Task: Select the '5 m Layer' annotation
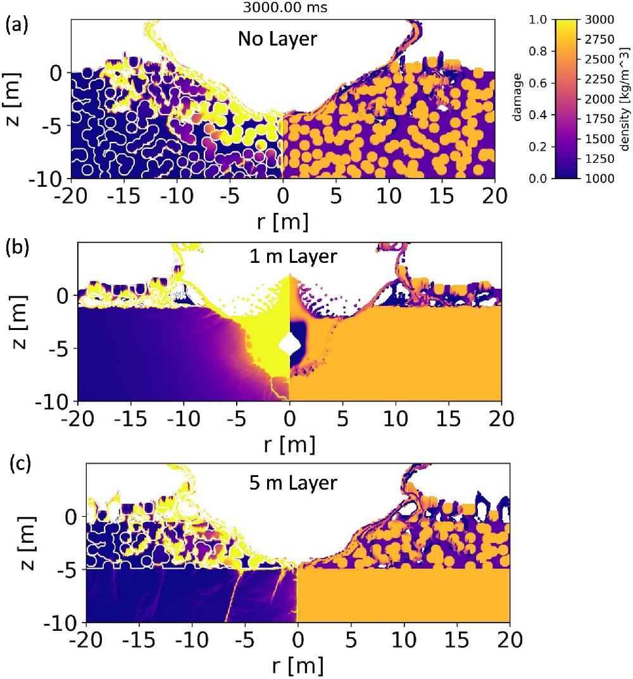pyautogui.click(x=292, y=483)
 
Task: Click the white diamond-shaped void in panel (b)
pyautogui.click(x=290, y=344)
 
